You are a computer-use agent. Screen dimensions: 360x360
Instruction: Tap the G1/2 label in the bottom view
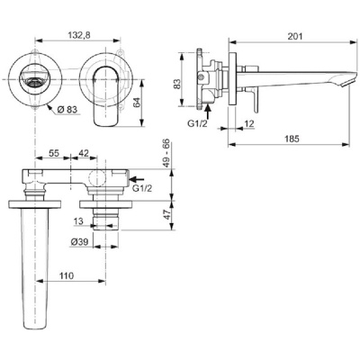point(141,190)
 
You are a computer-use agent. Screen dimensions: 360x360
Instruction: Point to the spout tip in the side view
point(341,82)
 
